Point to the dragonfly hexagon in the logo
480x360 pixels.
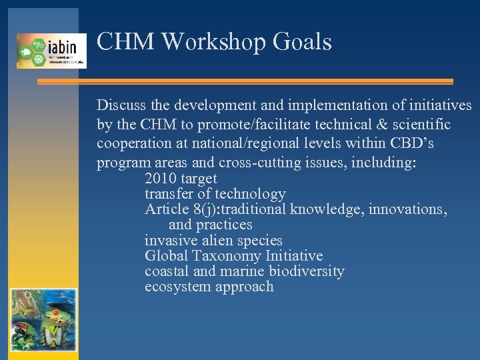[39, 45]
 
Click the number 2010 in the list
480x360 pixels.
[161, 179]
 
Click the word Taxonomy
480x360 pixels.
[227, 256]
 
